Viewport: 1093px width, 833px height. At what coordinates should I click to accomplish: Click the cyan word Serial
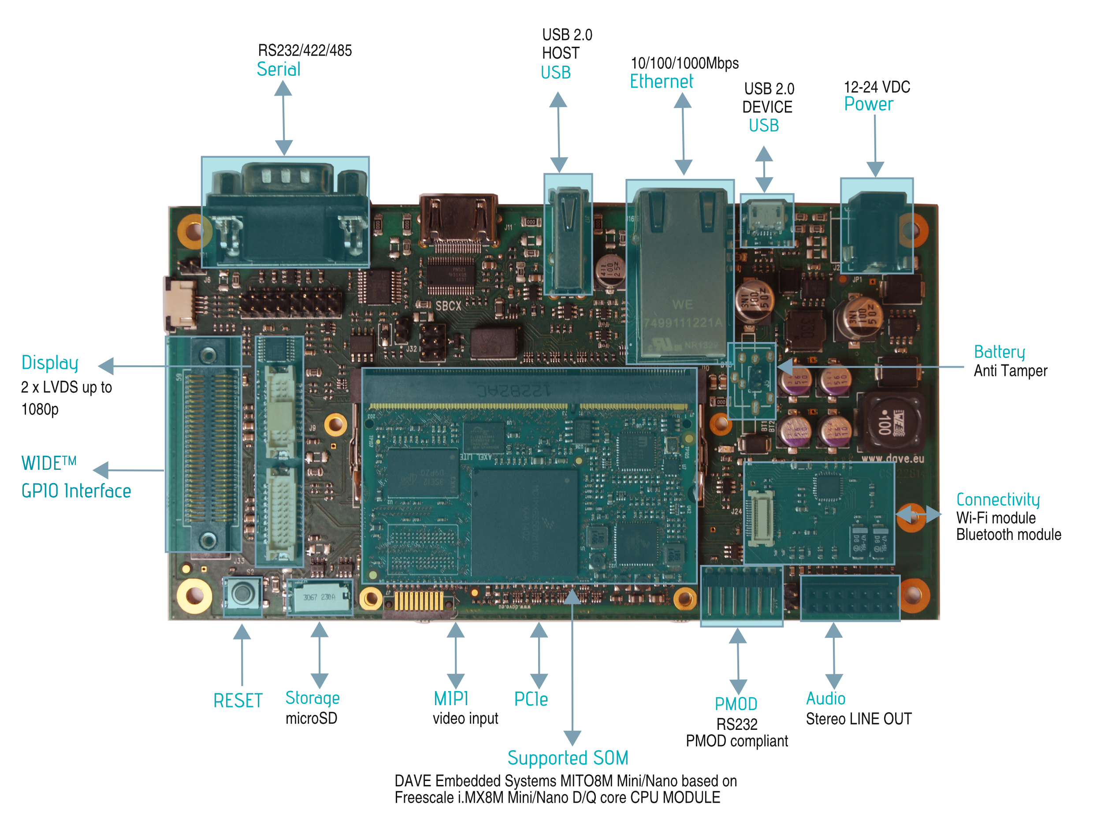[278, 70]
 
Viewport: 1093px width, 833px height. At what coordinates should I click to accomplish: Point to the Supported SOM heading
[568, 758]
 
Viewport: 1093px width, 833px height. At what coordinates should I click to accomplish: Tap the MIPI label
[450, 699]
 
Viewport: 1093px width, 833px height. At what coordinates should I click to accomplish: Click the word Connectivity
[997, 499]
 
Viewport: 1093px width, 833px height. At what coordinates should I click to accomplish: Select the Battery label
[999, 352]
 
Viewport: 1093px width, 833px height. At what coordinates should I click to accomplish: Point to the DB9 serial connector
[285, 213]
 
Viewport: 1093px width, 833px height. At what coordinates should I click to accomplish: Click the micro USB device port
[766, 219]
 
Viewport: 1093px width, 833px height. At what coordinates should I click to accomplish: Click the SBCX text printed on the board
[448, 306]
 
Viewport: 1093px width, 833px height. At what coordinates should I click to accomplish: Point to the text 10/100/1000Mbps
[684, 63]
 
